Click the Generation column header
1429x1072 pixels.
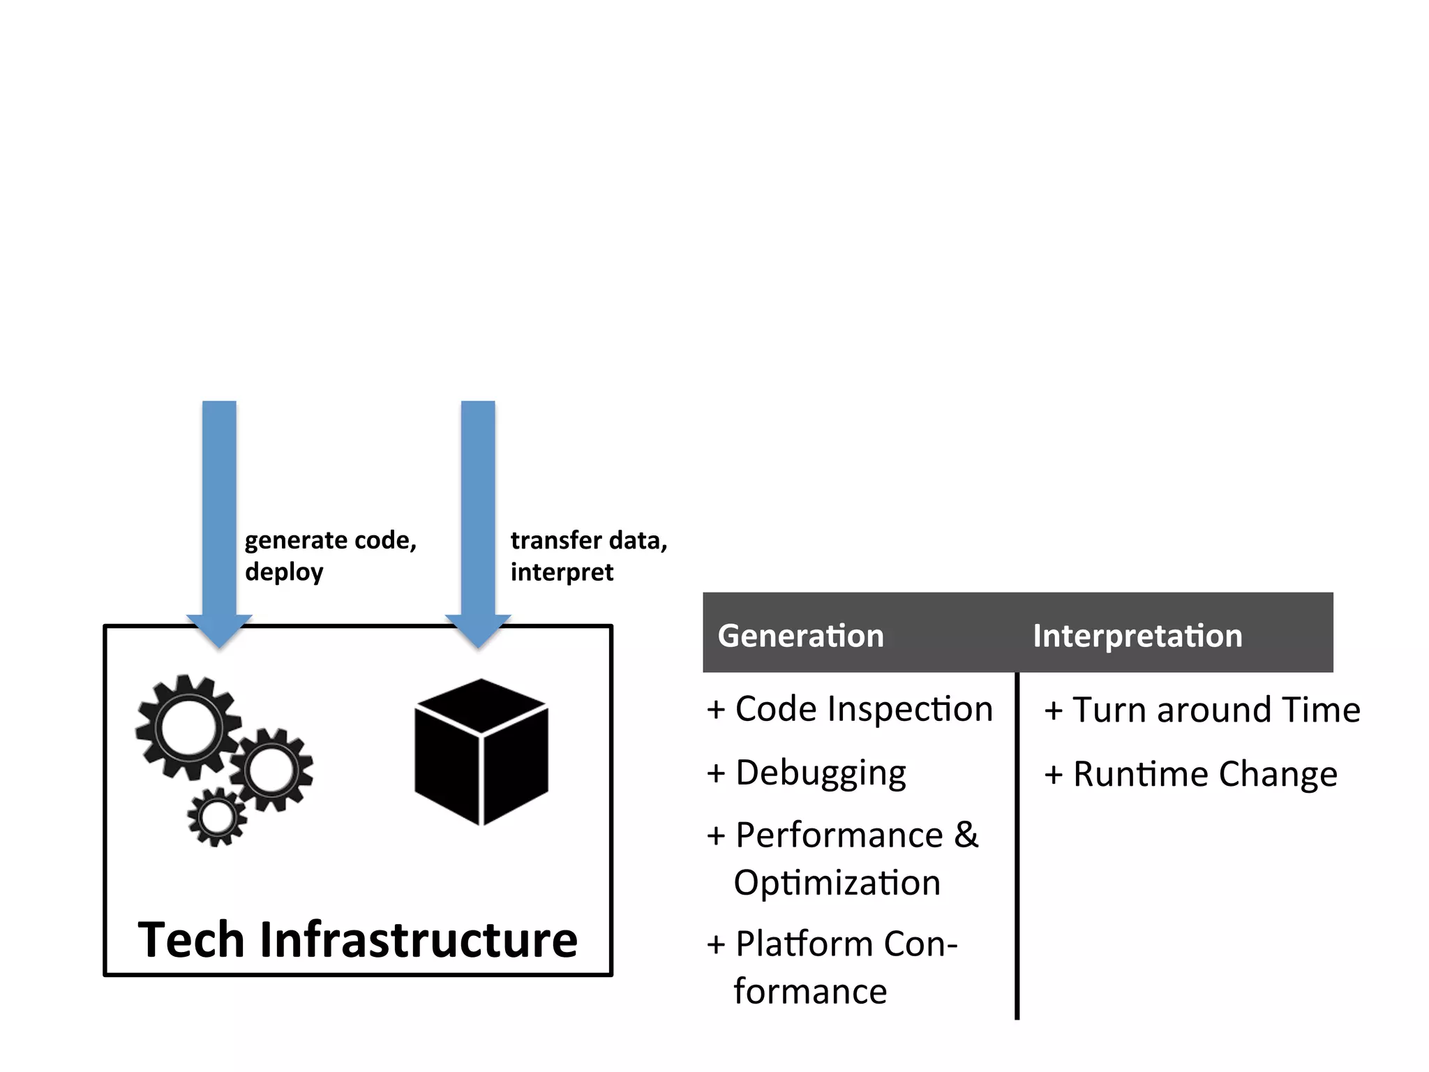800,636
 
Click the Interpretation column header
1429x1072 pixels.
1137,636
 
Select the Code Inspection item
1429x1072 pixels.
863,709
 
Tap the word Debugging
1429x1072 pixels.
821,773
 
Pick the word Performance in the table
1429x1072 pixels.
839,835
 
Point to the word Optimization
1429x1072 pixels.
837,883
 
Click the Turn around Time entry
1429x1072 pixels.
1215,710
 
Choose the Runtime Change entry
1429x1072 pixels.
1204,774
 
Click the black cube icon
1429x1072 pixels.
481,752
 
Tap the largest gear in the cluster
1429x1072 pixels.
188,727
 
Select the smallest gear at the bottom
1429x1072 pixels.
217,817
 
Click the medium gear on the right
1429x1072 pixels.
271,770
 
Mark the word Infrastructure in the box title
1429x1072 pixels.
419,940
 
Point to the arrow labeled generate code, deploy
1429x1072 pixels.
219,516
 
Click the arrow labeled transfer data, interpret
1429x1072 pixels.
478,516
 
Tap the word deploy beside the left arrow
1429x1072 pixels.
284,572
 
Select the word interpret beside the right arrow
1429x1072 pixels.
562,572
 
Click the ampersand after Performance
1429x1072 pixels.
966,835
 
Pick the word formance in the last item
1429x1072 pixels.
810,992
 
